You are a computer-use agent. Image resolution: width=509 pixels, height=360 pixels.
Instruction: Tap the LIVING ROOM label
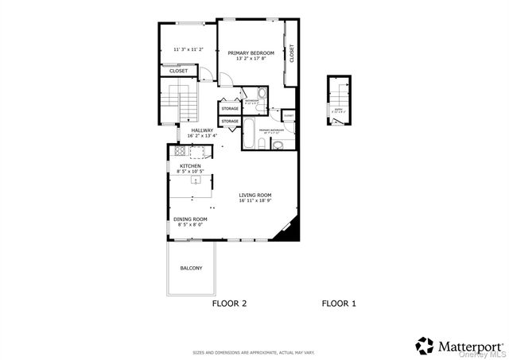coord(254,195)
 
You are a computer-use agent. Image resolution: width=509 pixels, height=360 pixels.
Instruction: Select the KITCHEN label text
coord(190,166)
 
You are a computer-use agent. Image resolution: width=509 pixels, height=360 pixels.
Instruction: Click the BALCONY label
coord(191,268)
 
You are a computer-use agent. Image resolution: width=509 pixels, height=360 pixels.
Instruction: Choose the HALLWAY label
coord(202,131)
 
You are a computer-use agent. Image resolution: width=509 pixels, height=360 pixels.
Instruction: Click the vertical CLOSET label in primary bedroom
coord(292,53)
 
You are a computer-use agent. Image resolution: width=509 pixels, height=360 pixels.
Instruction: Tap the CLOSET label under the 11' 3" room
coord(179,71)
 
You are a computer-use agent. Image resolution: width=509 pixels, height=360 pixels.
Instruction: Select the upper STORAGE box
coord(230,108)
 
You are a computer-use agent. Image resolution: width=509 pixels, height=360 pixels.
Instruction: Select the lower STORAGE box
coord(230,121)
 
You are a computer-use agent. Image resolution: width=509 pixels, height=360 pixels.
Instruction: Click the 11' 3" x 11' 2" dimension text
coord(188,49)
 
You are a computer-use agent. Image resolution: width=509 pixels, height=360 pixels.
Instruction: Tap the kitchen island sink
coord(193,180)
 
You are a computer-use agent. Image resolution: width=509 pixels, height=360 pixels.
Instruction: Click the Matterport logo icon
coord(425,346)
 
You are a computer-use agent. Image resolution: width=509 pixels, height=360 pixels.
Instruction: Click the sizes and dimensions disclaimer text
coord(254,352)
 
